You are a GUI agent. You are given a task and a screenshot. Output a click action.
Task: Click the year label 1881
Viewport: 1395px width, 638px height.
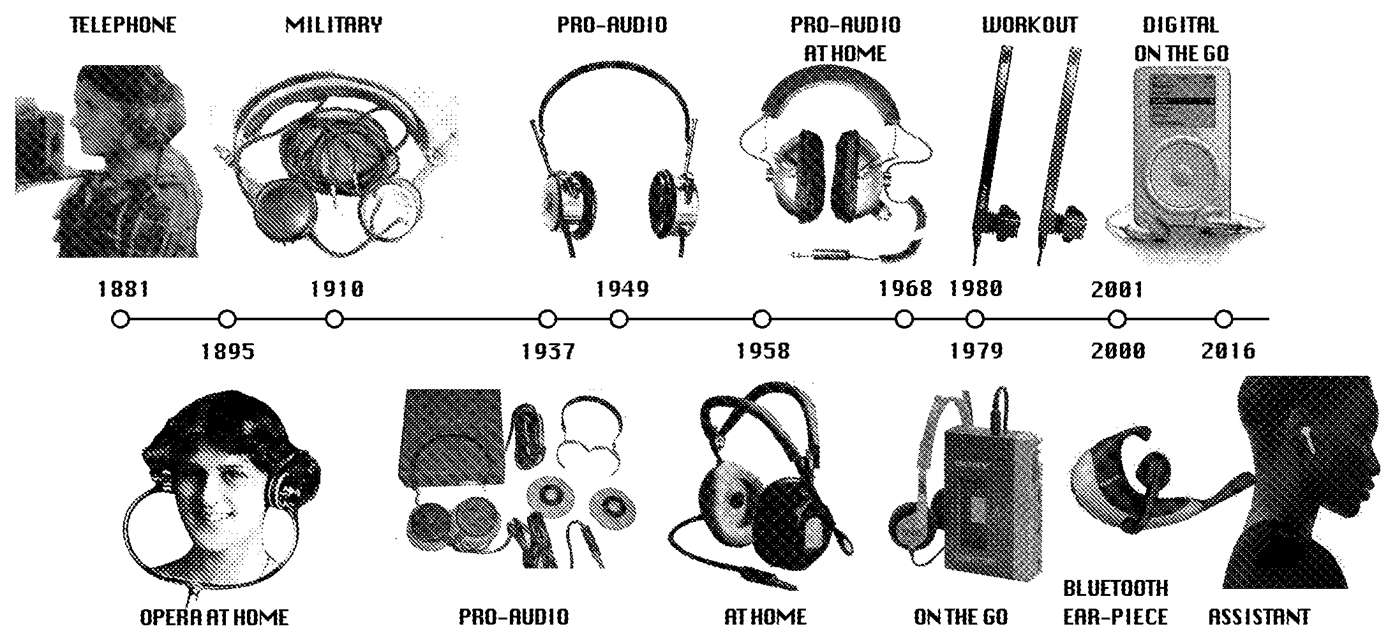pos(123,290)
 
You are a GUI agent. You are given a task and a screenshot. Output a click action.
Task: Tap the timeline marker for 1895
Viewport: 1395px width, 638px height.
pos(227,319)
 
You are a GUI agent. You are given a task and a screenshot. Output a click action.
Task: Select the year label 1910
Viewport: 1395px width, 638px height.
pos(337,290)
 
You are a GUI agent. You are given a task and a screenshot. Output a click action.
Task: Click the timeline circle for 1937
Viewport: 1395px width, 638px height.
pos(548,319)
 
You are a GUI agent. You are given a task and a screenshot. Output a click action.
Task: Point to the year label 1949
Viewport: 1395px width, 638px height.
pos(622,290)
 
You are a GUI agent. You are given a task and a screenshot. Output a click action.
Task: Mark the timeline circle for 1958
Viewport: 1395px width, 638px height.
pos(762,319)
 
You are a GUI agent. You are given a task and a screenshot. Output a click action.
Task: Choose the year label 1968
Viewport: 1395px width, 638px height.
pos(906,289)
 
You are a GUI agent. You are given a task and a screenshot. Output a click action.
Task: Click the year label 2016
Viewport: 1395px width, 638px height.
pos(1228,351)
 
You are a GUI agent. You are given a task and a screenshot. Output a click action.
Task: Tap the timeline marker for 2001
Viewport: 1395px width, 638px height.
pos(1117,319)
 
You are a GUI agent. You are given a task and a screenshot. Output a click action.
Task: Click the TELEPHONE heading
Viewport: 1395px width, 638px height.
pos(123,26)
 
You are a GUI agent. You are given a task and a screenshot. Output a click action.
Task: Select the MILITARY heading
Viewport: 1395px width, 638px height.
pos(334,26)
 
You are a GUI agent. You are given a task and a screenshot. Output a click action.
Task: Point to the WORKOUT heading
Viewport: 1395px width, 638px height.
pos(1029,26)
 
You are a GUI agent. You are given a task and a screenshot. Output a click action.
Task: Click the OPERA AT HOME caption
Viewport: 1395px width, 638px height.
pos(214,618)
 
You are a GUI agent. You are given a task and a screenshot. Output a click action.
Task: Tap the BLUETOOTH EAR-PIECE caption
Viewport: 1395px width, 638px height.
pos(1116,602)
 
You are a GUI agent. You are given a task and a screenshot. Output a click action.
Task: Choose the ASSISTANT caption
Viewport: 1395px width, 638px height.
pos(1259,617)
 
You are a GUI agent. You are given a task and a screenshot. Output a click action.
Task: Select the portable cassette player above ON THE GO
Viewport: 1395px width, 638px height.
pos(992,501)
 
